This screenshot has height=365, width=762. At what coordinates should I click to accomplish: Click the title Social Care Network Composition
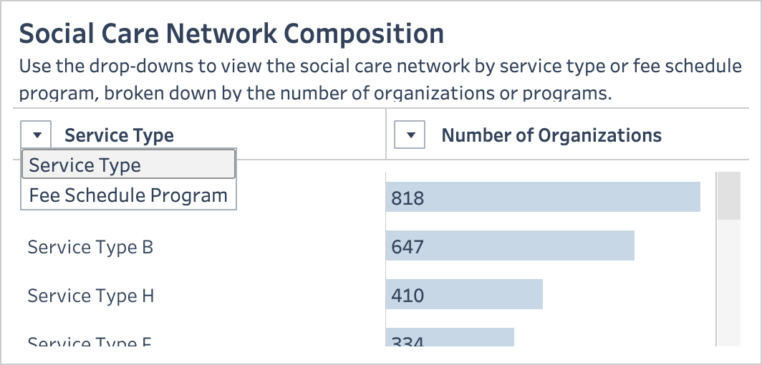tap(231, 34)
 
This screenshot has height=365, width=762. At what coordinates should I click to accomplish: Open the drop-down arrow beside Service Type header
tap(37, 135)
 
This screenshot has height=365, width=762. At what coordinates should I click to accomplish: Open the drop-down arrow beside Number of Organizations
tap(410, 135)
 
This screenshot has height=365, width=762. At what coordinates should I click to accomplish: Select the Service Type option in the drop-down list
tap(129, 165)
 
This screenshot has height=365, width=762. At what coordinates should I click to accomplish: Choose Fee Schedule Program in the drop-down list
tap(129, 195)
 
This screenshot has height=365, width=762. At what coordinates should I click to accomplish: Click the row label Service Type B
tap(90, 247)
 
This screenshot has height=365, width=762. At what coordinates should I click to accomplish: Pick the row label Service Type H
tap(91, 296)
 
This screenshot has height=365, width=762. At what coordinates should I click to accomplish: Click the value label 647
tap(407, 247)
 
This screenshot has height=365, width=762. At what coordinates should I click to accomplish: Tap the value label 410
tap(407, 296)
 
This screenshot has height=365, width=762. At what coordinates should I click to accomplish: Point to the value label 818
tap(407, 198)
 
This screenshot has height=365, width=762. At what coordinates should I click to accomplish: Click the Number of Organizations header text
tap(551, 135)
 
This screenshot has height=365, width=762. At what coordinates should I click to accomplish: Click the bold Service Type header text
tap(119, 135)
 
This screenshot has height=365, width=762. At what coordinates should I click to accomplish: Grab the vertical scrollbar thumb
tap(729, 195)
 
